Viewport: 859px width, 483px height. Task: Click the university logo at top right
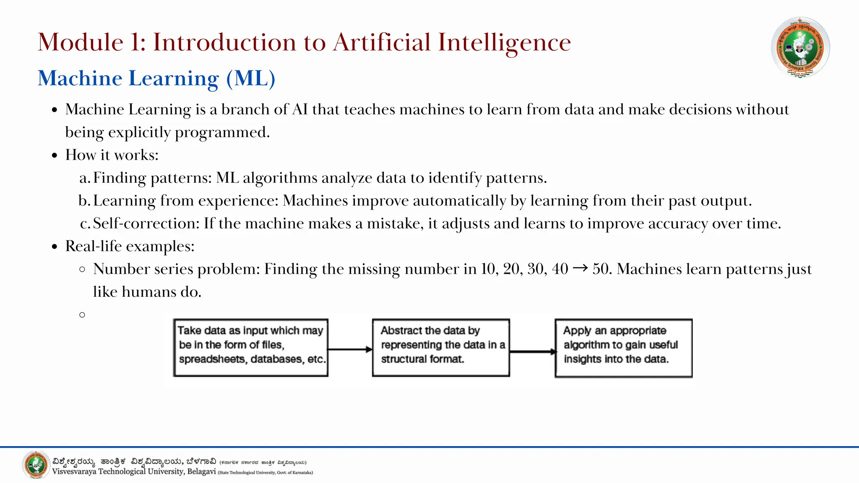click(x=800, y=47)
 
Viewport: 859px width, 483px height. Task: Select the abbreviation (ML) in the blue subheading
click(x=250, y=78)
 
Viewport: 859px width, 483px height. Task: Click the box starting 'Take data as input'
click(x=251, y=348)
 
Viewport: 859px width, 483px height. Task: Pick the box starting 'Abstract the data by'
click(x=441, y=348)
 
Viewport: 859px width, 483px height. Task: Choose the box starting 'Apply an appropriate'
click(x=623, y=348)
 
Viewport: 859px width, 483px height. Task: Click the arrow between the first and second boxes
click(x=350, y=349)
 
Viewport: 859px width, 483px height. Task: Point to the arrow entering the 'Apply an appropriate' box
click(x=532, y=351)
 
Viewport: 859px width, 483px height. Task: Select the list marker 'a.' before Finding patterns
click(x=84, y=178)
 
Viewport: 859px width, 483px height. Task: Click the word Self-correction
click(x=146, y=223)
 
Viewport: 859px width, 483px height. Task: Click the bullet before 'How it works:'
click(x=55, y=156)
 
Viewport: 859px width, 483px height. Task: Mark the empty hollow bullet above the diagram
click(x=82, y=314)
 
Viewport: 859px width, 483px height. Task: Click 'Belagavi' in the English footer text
click(x=201, y=472)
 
